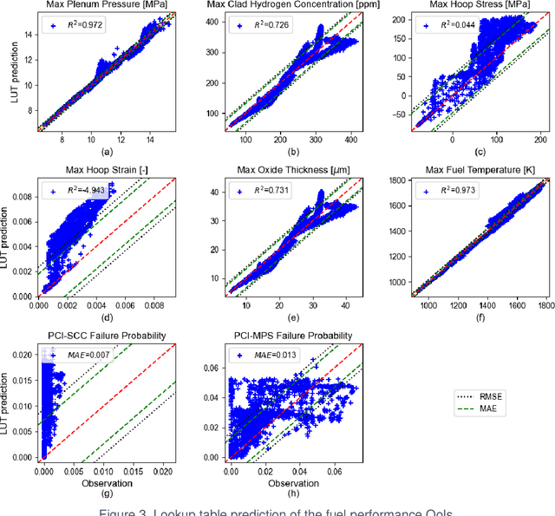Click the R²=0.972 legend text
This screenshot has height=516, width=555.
click(86, 27)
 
